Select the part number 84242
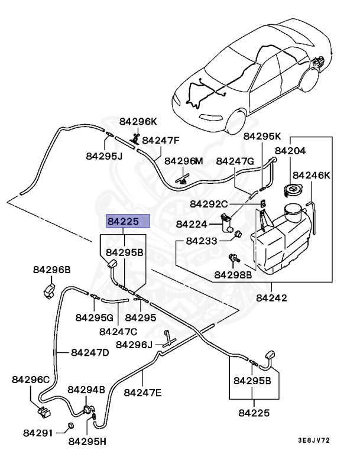(x=271, y=298)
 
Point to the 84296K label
(x=138, y=122)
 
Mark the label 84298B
(x=233, y=275)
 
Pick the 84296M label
(x=183, y=161)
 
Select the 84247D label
(x=90, y=353)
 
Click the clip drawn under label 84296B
(x=48, y=290)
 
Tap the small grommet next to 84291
(x=70, y=426)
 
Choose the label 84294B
(x=86, y=390)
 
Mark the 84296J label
(x=134, y=345)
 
